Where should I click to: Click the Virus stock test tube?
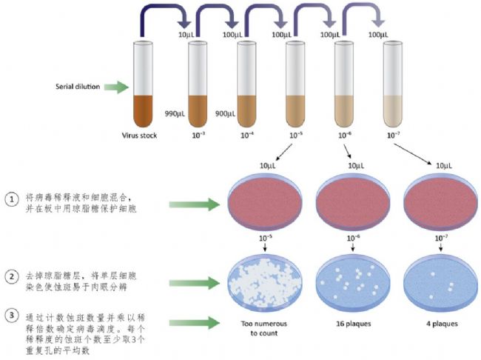click(x=143, y=84)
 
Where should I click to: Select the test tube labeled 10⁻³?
click(x=198, y=84)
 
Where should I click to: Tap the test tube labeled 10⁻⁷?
click(x=393, y=84)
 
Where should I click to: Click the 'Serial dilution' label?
click(x=78, y=87)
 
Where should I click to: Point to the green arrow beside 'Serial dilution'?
click(x=116, y=87)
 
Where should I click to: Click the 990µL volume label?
click(x=175, y=114)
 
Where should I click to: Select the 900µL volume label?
click(x=225, y=114)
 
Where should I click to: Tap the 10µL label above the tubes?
click(x=186, y=35)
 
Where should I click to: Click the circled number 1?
click(x=12, y=200)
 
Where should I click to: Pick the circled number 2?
click(x=12, y=277)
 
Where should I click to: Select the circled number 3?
click(x=12, y=316)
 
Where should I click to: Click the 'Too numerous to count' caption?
click(x=264, y=328)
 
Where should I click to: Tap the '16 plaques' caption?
click(x=354, y=324)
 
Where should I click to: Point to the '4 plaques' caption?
click(x=442, y=324)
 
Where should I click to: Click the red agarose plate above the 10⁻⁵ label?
click(x=265, y=202)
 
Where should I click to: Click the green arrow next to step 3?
click(x=195, y=323)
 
